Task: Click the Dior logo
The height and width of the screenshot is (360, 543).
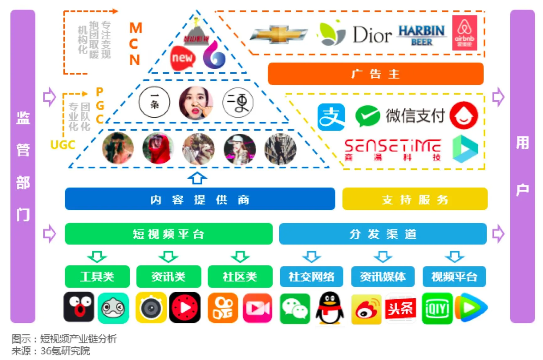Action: click(372, 34)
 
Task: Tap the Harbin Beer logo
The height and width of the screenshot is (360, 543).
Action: click(422, 35)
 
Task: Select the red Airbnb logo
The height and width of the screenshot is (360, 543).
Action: click(465, 33)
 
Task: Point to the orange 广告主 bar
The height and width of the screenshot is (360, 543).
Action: click(375, 74)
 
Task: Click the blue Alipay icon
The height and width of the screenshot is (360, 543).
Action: click(331, 117)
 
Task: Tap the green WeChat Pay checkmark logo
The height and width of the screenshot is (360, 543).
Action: click(367, 116)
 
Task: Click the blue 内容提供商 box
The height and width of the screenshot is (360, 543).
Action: click(200, 199)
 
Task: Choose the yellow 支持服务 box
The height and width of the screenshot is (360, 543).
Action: click(415, 199)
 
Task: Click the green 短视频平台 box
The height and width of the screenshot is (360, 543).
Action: click(169, 234)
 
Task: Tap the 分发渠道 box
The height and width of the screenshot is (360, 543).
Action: click(383, 234)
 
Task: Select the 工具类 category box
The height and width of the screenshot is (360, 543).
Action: click(97, 277)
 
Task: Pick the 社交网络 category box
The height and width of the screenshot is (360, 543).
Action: click(311, 277)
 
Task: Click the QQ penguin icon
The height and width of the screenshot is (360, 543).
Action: click(330, 308)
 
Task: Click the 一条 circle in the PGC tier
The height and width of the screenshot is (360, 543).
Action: click(154, 102)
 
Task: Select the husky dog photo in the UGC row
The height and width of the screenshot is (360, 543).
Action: click(198, 149)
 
